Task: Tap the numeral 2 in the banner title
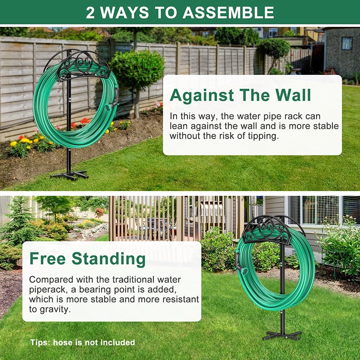(91, 12)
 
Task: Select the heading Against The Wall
(240, 96)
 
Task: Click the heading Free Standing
(87, 259)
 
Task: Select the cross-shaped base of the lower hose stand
(282, 335)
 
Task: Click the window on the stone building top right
(347, 43)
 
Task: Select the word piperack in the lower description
(46, 289)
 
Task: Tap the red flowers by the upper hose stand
(84, 121)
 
